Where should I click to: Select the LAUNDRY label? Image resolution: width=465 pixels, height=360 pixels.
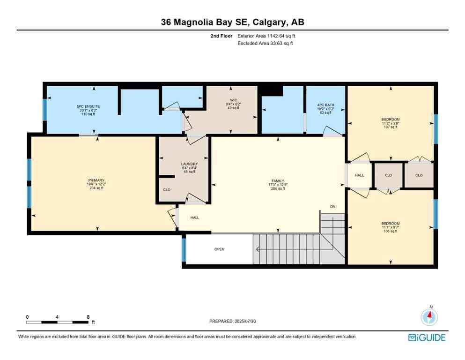coord(183,164)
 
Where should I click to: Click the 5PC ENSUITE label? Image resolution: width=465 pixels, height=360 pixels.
coord(89,106)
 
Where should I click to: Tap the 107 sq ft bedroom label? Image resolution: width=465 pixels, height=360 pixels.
coord(390,120)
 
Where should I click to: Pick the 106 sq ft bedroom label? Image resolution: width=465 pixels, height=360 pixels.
coord(390,224)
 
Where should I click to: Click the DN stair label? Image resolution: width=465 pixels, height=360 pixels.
coord(332,207)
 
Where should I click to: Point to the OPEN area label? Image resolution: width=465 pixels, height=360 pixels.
coord(219,249)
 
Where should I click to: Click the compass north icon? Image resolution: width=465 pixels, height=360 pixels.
coord(428,317)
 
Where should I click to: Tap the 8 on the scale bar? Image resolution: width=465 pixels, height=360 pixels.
coord(88,317)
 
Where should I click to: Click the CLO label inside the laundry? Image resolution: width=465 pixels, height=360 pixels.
coord(166,190)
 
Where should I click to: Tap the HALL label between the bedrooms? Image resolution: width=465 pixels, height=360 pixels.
coord(359,175)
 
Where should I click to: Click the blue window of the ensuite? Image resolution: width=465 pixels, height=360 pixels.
coord(45,109)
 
